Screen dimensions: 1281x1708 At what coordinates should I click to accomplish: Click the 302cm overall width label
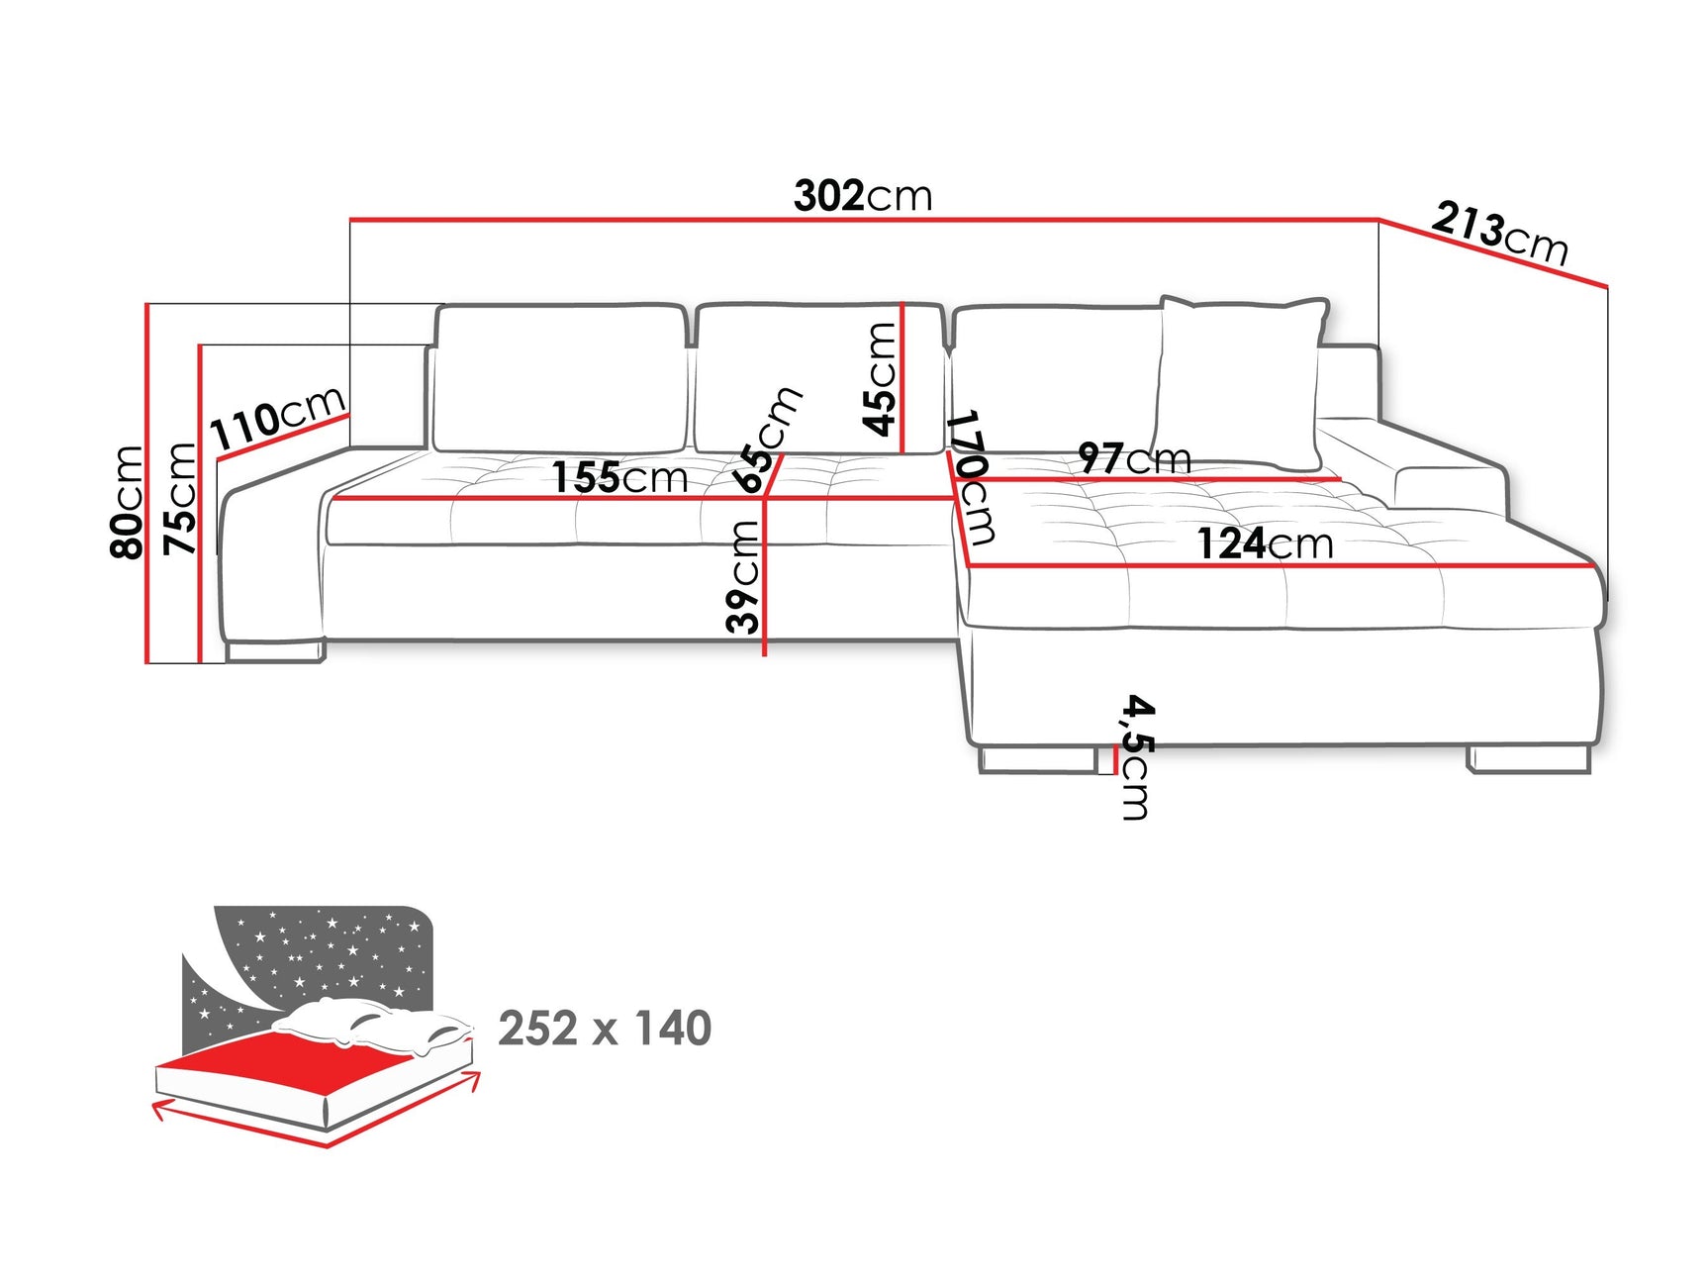coord(862,196)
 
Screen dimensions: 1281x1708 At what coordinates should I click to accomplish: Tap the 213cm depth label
coord(1499,233)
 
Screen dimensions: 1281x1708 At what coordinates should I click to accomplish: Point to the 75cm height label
coord(180,498)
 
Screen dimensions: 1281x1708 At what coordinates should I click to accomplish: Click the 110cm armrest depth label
coord(277,418)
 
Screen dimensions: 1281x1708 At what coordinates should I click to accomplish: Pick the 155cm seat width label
coord(619,477)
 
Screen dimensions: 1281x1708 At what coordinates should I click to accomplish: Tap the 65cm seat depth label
coord(767,440)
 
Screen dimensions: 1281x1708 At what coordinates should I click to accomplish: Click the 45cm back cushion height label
coord(880,378)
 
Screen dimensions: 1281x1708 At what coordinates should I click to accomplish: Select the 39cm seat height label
coord(743,576)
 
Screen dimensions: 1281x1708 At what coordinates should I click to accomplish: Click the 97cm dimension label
coord(1134,458)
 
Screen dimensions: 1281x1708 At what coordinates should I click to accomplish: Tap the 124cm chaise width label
coord(1265,543)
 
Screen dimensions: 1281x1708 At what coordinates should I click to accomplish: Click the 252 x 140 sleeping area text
coord(605,1029)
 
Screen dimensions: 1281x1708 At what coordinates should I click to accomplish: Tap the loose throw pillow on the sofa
coord(1241,381)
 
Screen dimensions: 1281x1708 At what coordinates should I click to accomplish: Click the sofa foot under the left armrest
coord(274,651)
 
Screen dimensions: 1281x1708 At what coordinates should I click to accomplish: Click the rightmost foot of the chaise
coord(1529,759)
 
